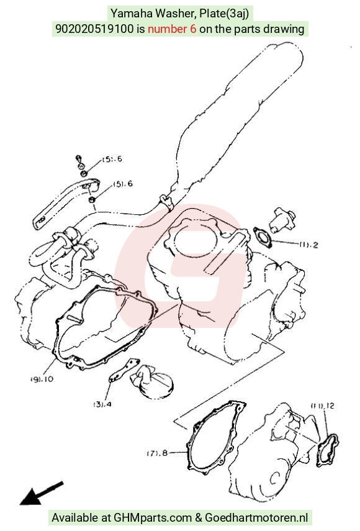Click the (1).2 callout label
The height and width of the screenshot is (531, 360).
tap(309, 245)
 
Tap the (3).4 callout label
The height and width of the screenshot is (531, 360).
tap(102, 404)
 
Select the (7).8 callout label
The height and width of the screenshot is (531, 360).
tap(157, 453)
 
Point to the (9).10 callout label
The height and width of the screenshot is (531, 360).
tap(42, 379)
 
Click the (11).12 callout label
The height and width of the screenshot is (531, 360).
tap(323, 406)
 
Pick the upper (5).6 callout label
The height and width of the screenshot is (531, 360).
tap(112, 159)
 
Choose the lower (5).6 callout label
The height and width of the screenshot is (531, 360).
tap(123, 184)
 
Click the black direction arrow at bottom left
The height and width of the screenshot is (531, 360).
tap(42, 493)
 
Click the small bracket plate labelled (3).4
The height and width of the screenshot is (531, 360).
tap(124, 371)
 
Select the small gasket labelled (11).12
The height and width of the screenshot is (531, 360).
tap(328, 450)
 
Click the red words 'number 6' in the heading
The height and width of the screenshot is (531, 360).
tap(172, 29)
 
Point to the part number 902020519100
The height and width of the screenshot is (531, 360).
tap(94, 29)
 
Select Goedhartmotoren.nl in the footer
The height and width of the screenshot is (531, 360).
tap(256, 517)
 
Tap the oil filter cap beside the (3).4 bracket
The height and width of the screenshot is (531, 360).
tap(152, 381)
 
